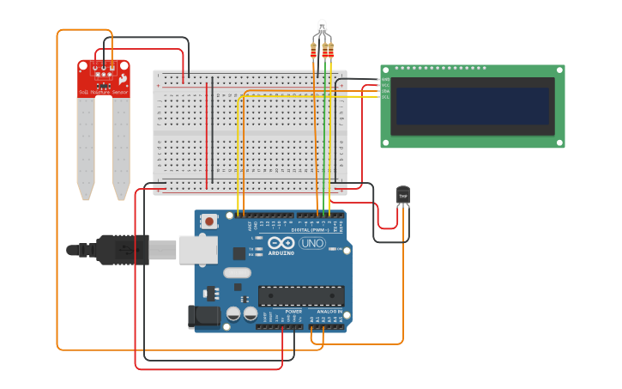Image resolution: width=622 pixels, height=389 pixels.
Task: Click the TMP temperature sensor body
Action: point(402,196)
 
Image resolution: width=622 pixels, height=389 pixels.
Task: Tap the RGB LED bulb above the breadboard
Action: point(322,27)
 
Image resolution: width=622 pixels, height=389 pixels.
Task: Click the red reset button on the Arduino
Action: point(210,222)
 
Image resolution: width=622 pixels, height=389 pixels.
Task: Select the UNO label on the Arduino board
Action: point(311,243)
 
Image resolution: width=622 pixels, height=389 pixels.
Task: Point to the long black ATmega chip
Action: point(301,295)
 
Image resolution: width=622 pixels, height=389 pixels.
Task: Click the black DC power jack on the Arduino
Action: point(203,315)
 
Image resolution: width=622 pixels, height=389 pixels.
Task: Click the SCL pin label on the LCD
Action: point(385,97)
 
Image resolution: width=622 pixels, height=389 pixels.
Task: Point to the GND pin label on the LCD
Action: point(385,79)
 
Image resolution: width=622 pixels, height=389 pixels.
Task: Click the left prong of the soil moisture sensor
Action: point(85,146)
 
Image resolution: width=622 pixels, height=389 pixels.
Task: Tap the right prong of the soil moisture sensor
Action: point(121,146)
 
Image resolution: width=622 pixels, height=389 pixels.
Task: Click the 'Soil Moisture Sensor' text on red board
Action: point(103,91)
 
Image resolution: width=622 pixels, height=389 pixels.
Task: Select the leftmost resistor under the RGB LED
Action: point(313,51)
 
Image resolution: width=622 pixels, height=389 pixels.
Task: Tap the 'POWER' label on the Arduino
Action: point(281,312)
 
